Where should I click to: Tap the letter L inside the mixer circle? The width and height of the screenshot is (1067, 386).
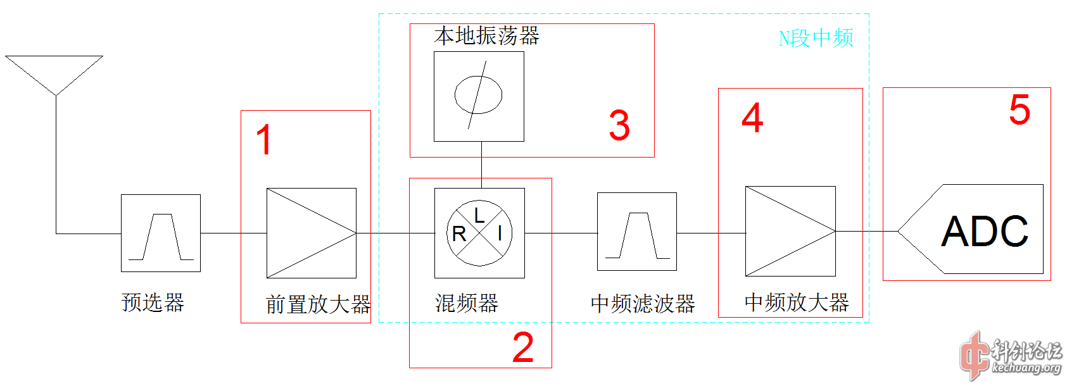tap(479, 216)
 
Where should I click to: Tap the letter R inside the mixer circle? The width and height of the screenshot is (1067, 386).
tap(459, 234)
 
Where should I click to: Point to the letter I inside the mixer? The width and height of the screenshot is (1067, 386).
tap(500, 233)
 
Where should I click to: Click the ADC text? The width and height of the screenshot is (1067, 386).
tap(985, 232)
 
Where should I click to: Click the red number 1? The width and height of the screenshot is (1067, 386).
tap(264, 139)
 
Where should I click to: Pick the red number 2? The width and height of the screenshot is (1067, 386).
tap(523, 347)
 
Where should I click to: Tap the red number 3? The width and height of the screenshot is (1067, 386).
tap(619, 125)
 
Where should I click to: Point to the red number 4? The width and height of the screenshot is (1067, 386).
tap(753, 118)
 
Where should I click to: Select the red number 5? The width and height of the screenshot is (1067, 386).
tap(1020, 110)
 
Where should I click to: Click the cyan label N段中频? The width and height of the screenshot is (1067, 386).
tap(816, 38)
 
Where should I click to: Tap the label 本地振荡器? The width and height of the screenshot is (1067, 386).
tap(486, 36)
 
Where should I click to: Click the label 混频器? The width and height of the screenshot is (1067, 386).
tap(467, 303)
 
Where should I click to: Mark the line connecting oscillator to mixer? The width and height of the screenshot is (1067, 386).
tap(482, 165)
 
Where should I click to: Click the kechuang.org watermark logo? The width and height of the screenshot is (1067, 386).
tap(1011, 357)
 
